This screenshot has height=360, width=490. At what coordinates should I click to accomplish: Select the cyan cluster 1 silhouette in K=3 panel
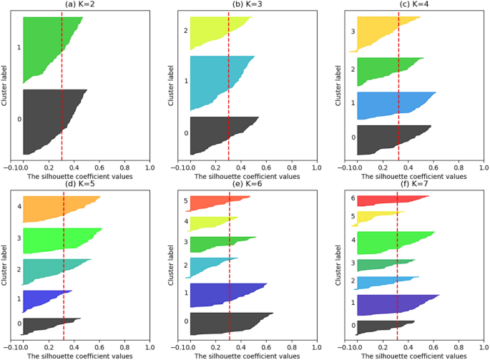point(215,82)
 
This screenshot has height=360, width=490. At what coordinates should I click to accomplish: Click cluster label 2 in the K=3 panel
point(185,31)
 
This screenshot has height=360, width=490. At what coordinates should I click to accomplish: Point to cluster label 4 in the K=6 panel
point(185,222)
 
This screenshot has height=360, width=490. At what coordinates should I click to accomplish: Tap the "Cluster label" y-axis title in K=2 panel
point(5,85)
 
